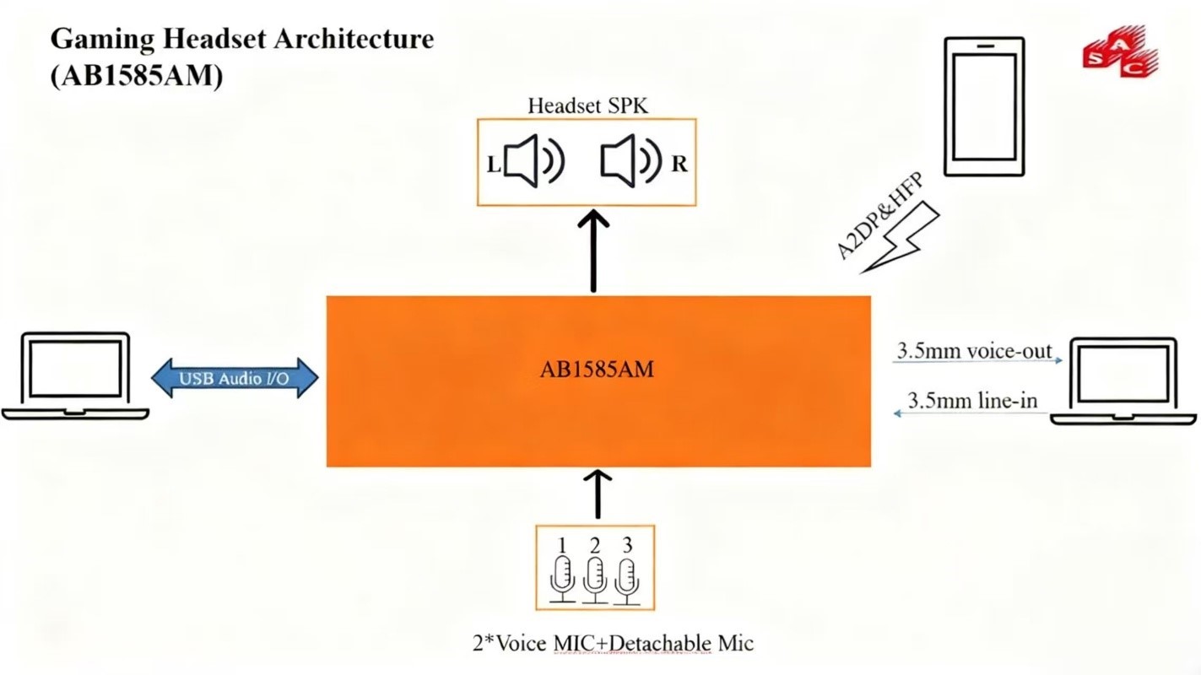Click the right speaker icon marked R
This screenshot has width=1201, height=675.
630,162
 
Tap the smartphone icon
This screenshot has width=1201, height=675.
983,106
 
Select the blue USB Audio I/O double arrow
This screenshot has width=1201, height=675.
234,378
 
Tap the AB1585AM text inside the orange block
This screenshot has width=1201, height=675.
597,369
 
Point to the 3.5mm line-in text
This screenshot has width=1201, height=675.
972,399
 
